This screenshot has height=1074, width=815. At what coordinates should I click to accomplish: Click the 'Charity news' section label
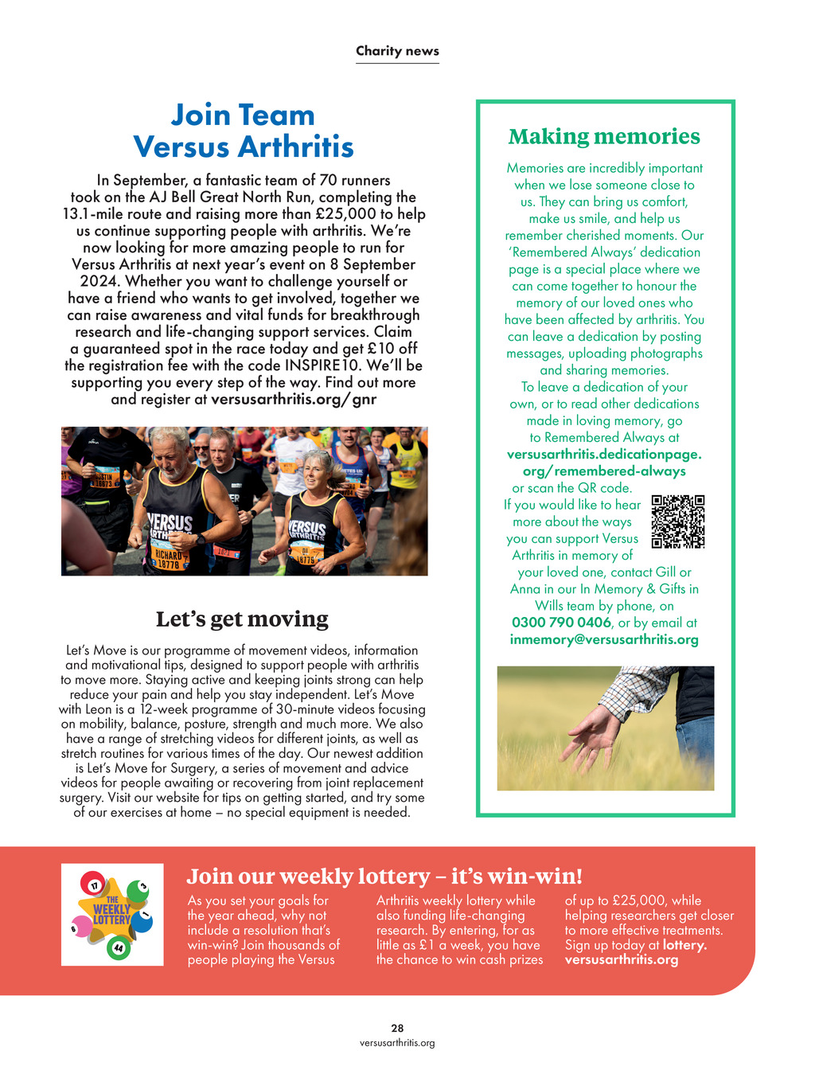point(397,51)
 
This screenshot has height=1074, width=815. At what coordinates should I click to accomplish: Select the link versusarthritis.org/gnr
point(293,399)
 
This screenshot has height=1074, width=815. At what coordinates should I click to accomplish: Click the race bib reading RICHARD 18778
point(169,559)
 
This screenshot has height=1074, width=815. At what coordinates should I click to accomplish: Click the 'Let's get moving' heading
point(242,619)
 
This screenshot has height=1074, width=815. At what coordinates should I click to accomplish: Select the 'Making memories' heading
point(604,136)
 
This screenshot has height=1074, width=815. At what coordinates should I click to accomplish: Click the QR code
point(678,521)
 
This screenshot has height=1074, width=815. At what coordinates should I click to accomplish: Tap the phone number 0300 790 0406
point(561,623)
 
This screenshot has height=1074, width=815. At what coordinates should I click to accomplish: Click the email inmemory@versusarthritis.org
point(604,639)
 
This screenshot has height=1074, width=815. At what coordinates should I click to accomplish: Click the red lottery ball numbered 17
point(94,885)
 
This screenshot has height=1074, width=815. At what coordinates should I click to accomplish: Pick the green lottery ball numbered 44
point(118,948)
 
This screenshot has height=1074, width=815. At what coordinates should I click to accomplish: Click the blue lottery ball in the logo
point(142,921)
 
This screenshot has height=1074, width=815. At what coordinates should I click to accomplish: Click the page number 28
point(397,1028)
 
